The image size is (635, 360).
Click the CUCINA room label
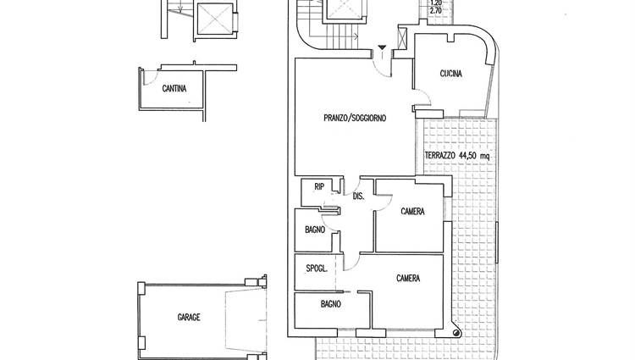(x=450, y=74)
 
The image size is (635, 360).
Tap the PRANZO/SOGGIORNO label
(x=355, y=118)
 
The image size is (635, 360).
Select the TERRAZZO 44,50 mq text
(x=457, y=155)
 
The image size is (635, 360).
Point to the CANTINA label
(x=174, y=88)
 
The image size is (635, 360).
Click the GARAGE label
(x=189, y=317)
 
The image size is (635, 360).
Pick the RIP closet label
(x=319, y=186)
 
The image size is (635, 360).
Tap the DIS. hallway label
(x=359, y=197)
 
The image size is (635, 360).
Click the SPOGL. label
(x=317, y=268)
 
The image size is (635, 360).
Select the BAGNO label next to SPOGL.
(x=330, y=304)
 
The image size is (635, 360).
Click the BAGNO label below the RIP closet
(x=315, y=230)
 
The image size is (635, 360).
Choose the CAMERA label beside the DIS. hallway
(x=412, y=212)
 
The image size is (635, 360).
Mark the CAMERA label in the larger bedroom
(x=408, y=278)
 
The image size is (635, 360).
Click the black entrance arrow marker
(x=382, y=47)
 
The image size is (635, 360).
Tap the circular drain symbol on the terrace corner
(x=456, y=333)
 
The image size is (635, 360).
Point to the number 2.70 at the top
(x=436, y=11)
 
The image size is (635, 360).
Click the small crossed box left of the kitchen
(x=402, y=37)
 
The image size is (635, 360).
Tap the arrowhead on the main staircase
(x=356, y=37)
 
